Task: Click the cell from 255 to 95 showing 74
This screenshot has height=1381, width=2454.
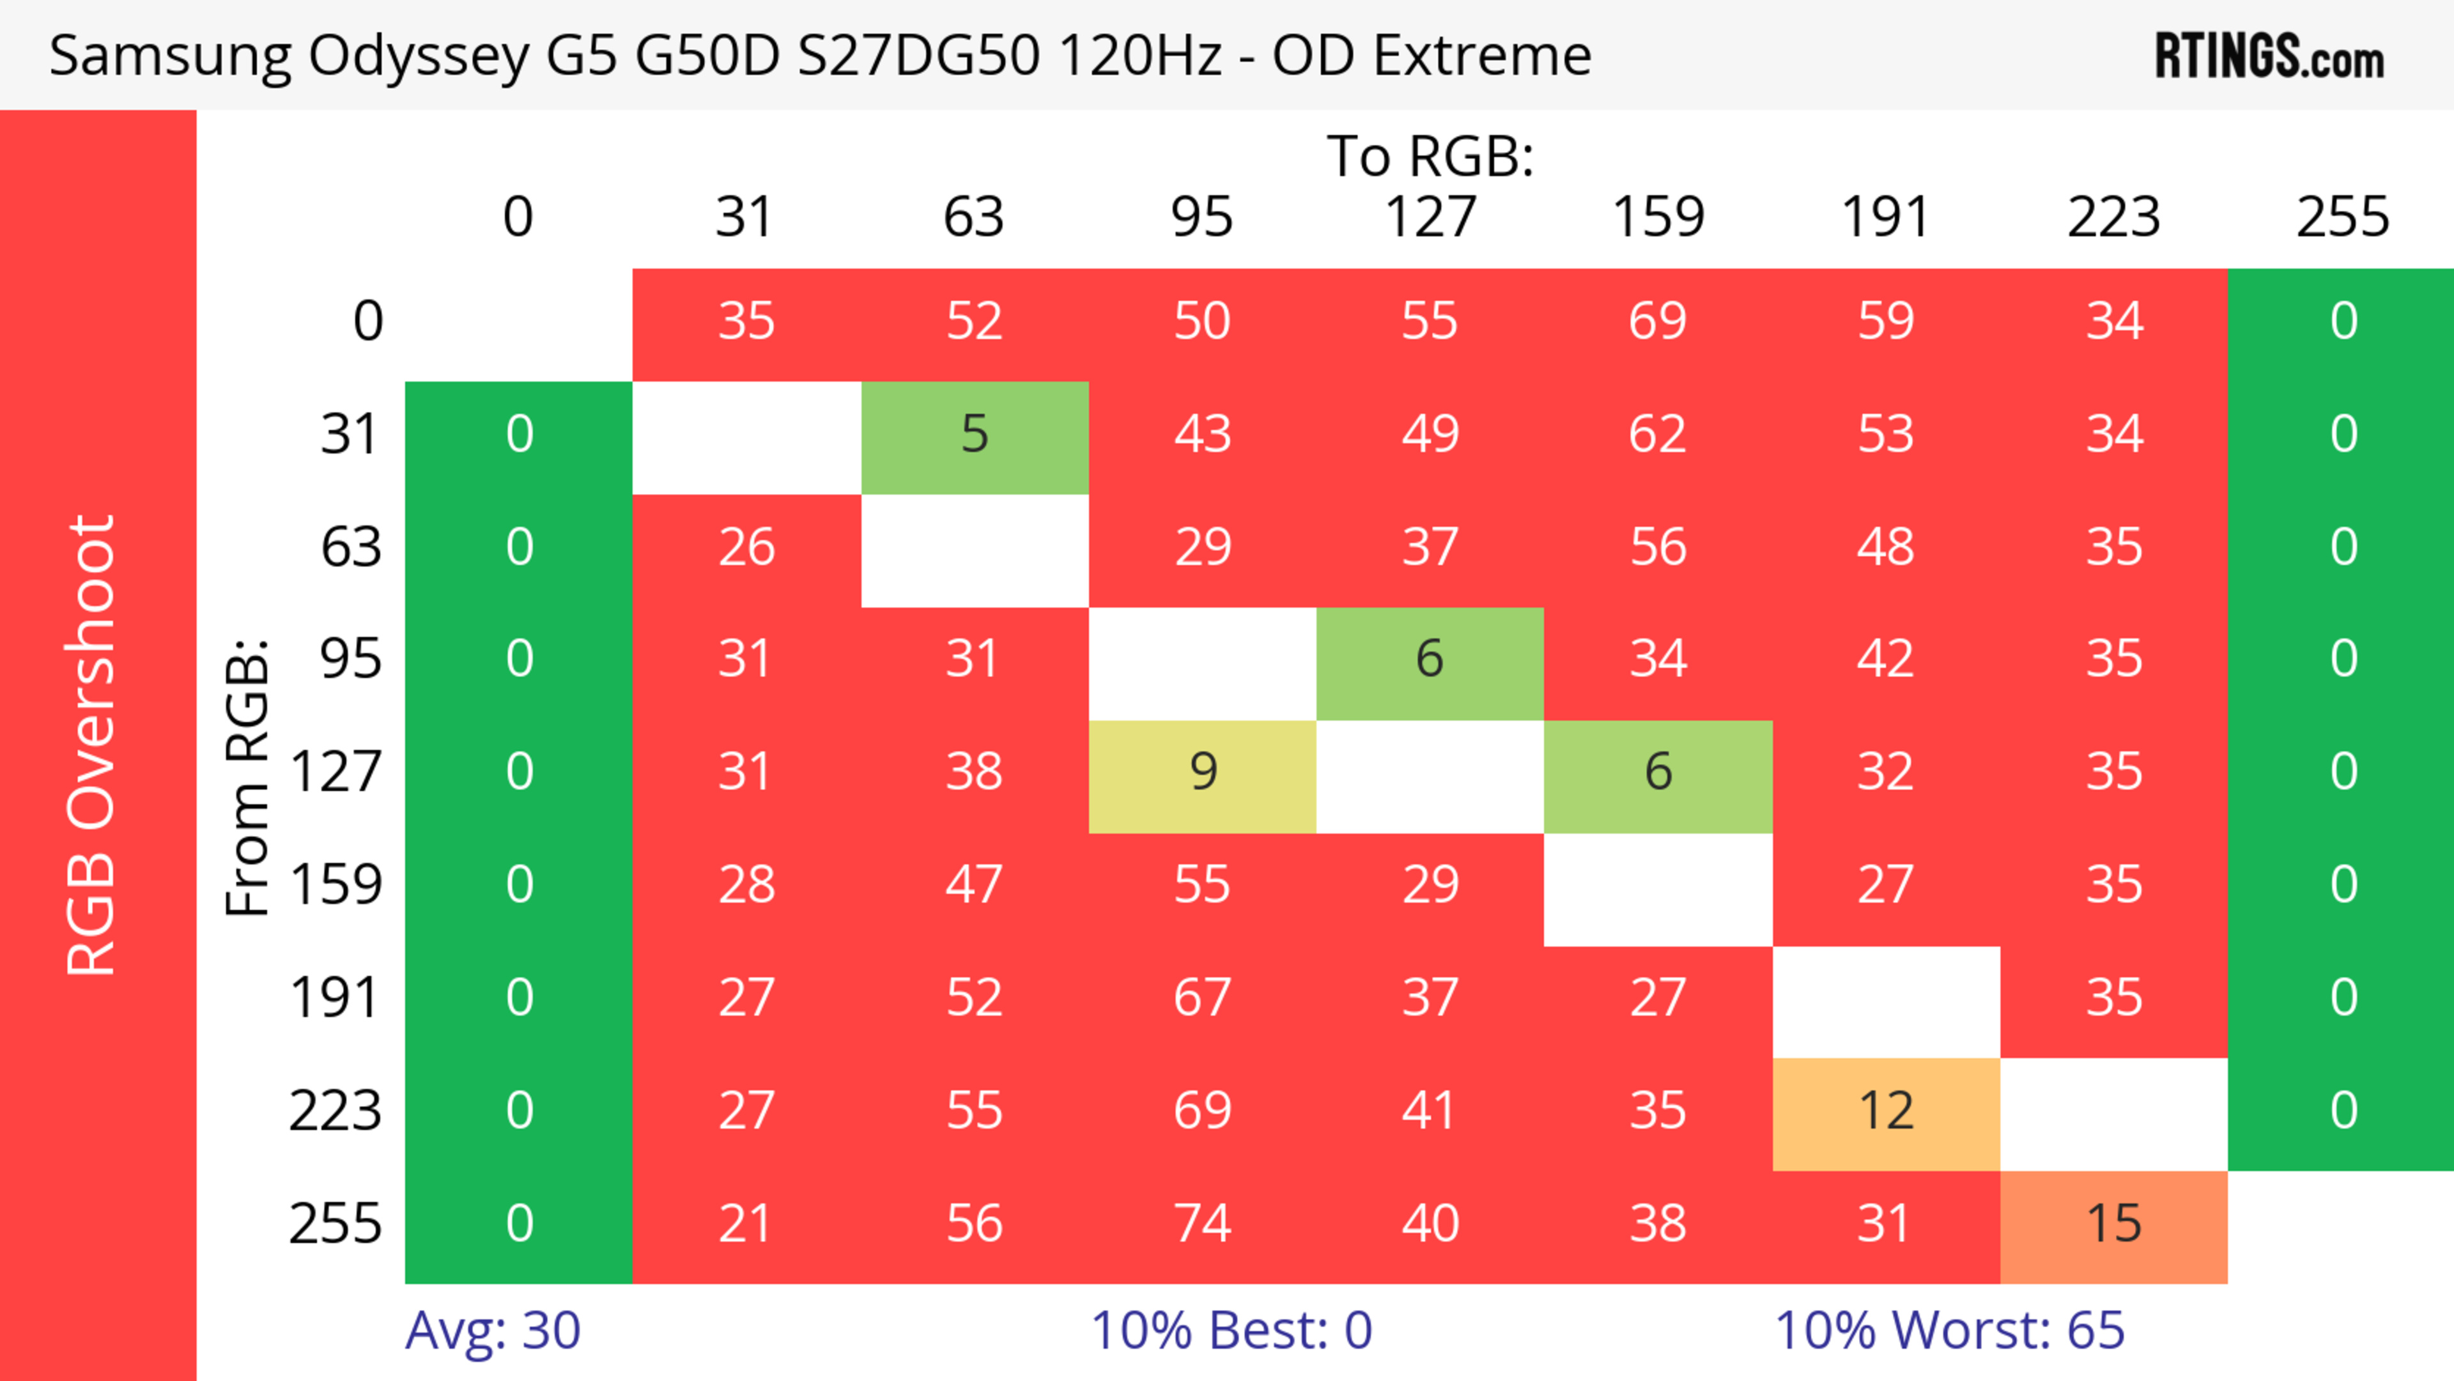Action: [x=1202, y=1224]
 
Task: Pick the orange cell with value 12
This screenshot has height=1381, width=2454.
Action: [x=1885, y=1111]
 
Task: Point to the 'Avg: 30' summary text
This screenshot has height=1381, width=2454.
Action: [x=493, y=1331]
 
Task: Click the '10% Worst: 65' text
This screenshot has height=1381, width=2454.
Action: [x=1949, y=1331]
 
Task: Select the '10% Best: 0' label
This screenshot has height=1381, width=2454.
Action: [x=1231, y=1331]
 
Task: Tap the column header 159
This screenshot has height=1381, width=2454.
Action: [x=1658, y=217]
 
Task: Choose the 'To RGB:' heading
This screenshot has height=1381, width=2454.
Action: [x=1430, y=155]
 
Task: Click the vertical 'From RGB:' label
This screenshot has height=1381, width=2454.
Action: [x=247, y=777]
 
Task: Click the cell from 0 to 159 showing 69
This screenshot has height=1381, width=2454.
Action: [x=1658, y=321]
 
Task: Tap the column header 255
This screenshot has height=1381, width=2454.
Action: [x=2343, y=217]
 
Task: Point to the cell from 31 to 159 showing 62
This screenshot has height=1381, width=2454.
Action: [x=1658, y=435]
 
